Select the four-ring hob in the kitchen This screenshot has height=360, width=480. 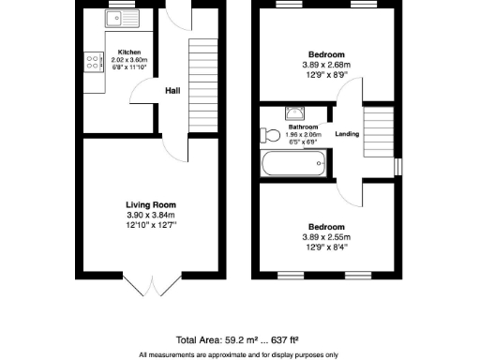pyautogui.click(x=94, y=61)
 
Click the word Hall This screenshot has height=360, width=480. pyautogui.click(x=172, y=91)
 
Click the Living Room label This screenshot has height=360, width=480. pyautogui.click(x=151, y=204)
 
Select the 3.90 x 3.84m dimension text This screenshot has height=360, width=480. pyautogui.click(x=151, y=215)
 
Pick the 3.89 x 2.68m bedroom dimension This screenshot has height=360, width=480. pyautogui.click(x=326, y=65)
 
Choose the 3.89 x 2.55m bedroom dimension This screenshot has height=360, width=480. pyautogui.click(x=326, y=237)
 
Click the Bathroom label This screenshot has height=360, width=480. pyautogui.click(x=303, y=127)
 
